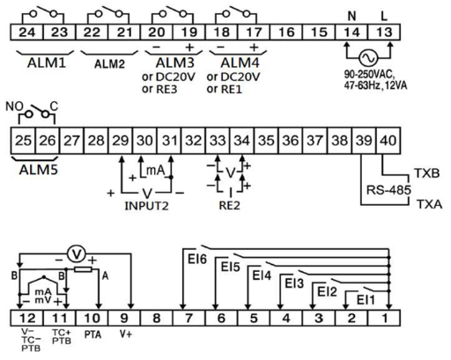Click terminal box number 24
point(27,32)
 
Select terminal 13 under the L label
point(384,32)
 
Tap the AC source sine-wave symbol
point(368,58)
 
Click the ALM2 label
point(109,64)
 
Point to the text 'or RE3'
point(159,89)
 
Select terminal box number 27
point(72,141)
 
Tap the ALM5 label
point(39,170)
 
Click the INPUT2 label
point(146,206)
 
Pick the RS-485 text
point(388,190)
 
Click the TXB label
point(426,173)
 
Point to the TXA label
point(430,204)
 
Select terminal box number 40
point(388,141)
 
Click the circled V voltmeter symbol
point(77,254)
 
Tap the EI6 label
point(197,259)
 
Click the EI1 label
point(366,300)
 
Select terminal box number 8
point(157,318)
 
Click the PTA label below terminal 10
point(92,334)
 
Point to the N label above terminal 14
point(351,17)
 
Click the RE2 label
point(229,206)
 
